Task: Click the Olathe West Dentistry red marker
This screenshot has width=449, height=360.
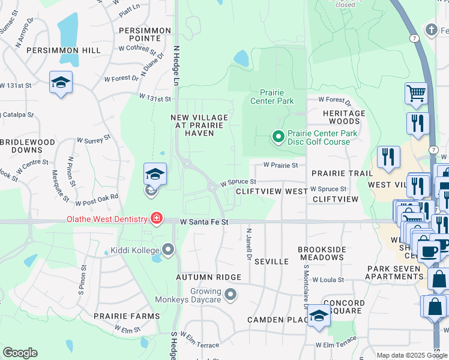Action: click(x=157, y=218)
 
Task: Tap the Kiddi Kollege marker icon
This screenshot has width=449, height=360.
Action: click(x=168, y=249)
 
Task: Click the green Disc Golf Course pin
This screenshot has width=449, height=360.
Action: click(x=278, y=137)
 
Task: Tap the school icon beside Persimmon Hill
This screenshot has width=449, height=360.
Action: click(x=61, y=82)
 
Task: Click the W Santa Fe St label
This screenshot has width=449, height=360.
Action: click(x=205, y=222)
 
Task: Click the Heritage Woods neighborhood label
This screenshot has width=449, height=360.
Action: click(x=344, y=117)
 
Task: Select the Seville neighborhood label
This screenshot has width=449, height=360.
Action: click(x=271, y=262)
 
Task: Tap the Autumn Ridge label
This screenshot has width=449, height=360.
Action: click(x=208, y=277)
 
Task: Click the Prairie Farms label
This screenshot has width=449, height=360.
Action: click(x=127, y=316)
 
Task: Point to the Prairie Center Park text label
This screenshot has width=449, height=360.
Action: click(x=277, y=97)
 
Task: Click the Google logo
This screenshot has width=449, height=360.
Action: click(x=20, y=353)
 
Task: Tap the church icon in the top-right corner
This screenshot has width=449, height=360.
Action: click(x=431, y=29)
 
